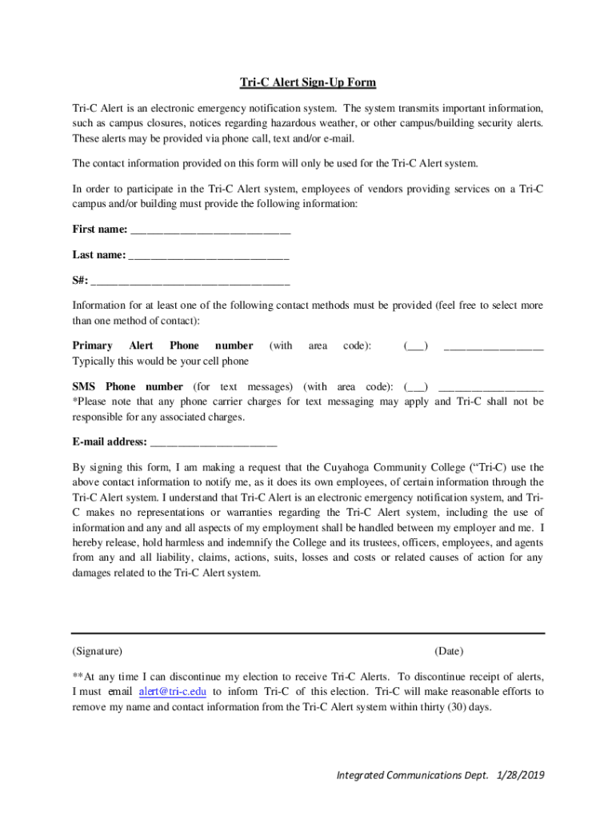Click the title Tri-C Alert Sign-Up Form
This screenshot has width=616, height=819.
308,83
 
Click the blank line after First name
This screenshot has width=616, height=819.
210,231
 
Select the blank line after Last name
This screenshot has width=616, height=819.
208,257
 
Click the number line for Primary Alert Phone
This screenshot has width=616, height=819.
494,348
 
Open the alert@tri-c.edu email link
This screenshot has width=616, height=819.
172,692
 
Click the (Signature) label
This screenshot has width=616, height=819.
98,652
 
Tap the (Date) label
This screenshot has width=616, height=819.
449,652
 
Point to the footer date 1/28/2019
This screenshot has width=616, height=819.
520,775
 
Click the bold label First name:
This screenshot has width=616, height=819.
100,230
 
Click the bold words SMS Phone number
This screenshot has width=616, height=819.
128,386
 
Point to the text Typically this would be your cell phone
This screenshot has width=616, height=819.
160,362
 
